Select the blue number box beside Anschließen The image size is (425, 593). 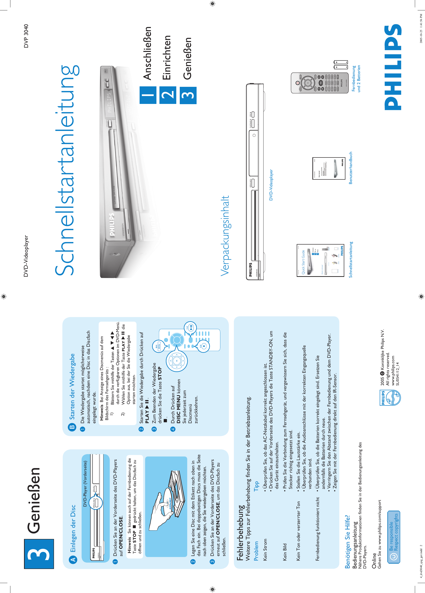coord(148,95)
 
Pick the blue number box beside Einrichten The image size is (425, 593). coord(168,95)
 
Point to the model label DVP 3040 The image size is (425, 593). coord(26,36)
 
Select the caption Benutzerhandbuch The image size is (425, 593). coord(350,168)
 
